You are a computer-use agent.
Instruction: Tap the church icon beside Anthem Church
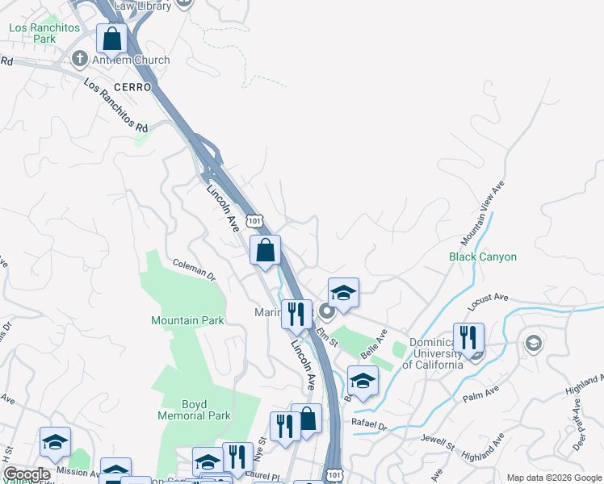pos(79,59)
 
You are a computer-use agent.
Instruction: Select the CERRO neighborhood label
pos(132,86)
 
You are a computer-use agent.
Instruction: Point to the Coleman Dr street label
pos(195,269)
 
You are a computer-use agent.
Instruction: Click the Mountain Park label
pos(187,320)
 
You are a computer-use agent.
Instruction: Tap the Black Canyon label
pos(483,257)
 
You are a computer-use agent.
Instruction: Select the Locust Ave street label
pos(489,302)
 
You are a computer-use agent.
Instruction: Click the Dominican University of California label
pos(433,353)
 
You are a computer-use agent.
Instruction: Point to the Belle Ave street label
pos(375,343)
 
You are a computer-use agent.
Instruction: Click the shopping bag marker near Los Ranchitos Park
pos(111,38)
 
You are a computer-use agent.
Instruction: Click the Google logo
pos(27,474)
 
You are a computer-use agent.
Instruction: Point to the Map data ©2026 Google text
pos(552,478)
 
